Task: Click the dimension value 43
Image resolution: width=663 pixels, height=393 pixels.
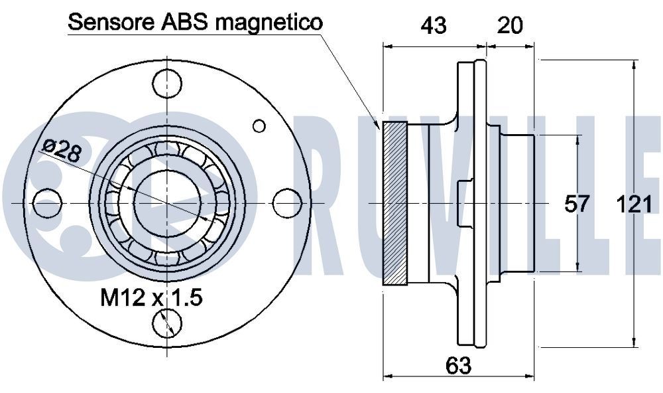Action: click(x=434, y=25)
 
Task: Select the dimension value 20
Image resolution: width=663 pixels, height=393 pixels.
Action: click(x=511, y=25)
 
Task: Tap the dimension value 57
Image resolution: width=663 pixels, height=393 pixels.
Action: click(x=576, y=204)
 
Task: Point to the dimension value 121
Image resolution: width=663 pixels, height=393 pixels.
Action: click(x=634, y=204)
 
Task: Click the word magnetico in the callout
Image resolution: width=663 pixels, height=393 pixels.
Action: click(x=269, y=23)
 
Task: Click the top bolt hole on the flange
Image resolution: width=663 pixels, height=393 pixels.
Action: click(x=166, y=82)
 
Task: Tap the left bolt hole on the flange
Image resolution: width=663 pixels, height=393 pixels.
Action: click(x=46, y=202)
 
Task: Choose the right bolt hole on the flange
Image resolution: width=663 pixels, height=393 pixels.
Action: click(x=286, y=202)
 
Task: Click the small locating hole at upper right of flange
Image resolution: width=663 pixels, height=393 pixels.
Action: click(x=259, y=125)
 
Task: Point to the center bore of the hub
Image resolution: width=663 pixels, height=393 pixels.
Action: click(x=166, y=202)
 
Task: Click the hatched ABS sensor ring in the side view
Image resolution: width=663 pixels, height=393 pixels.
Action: click(x=395, y=204)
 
